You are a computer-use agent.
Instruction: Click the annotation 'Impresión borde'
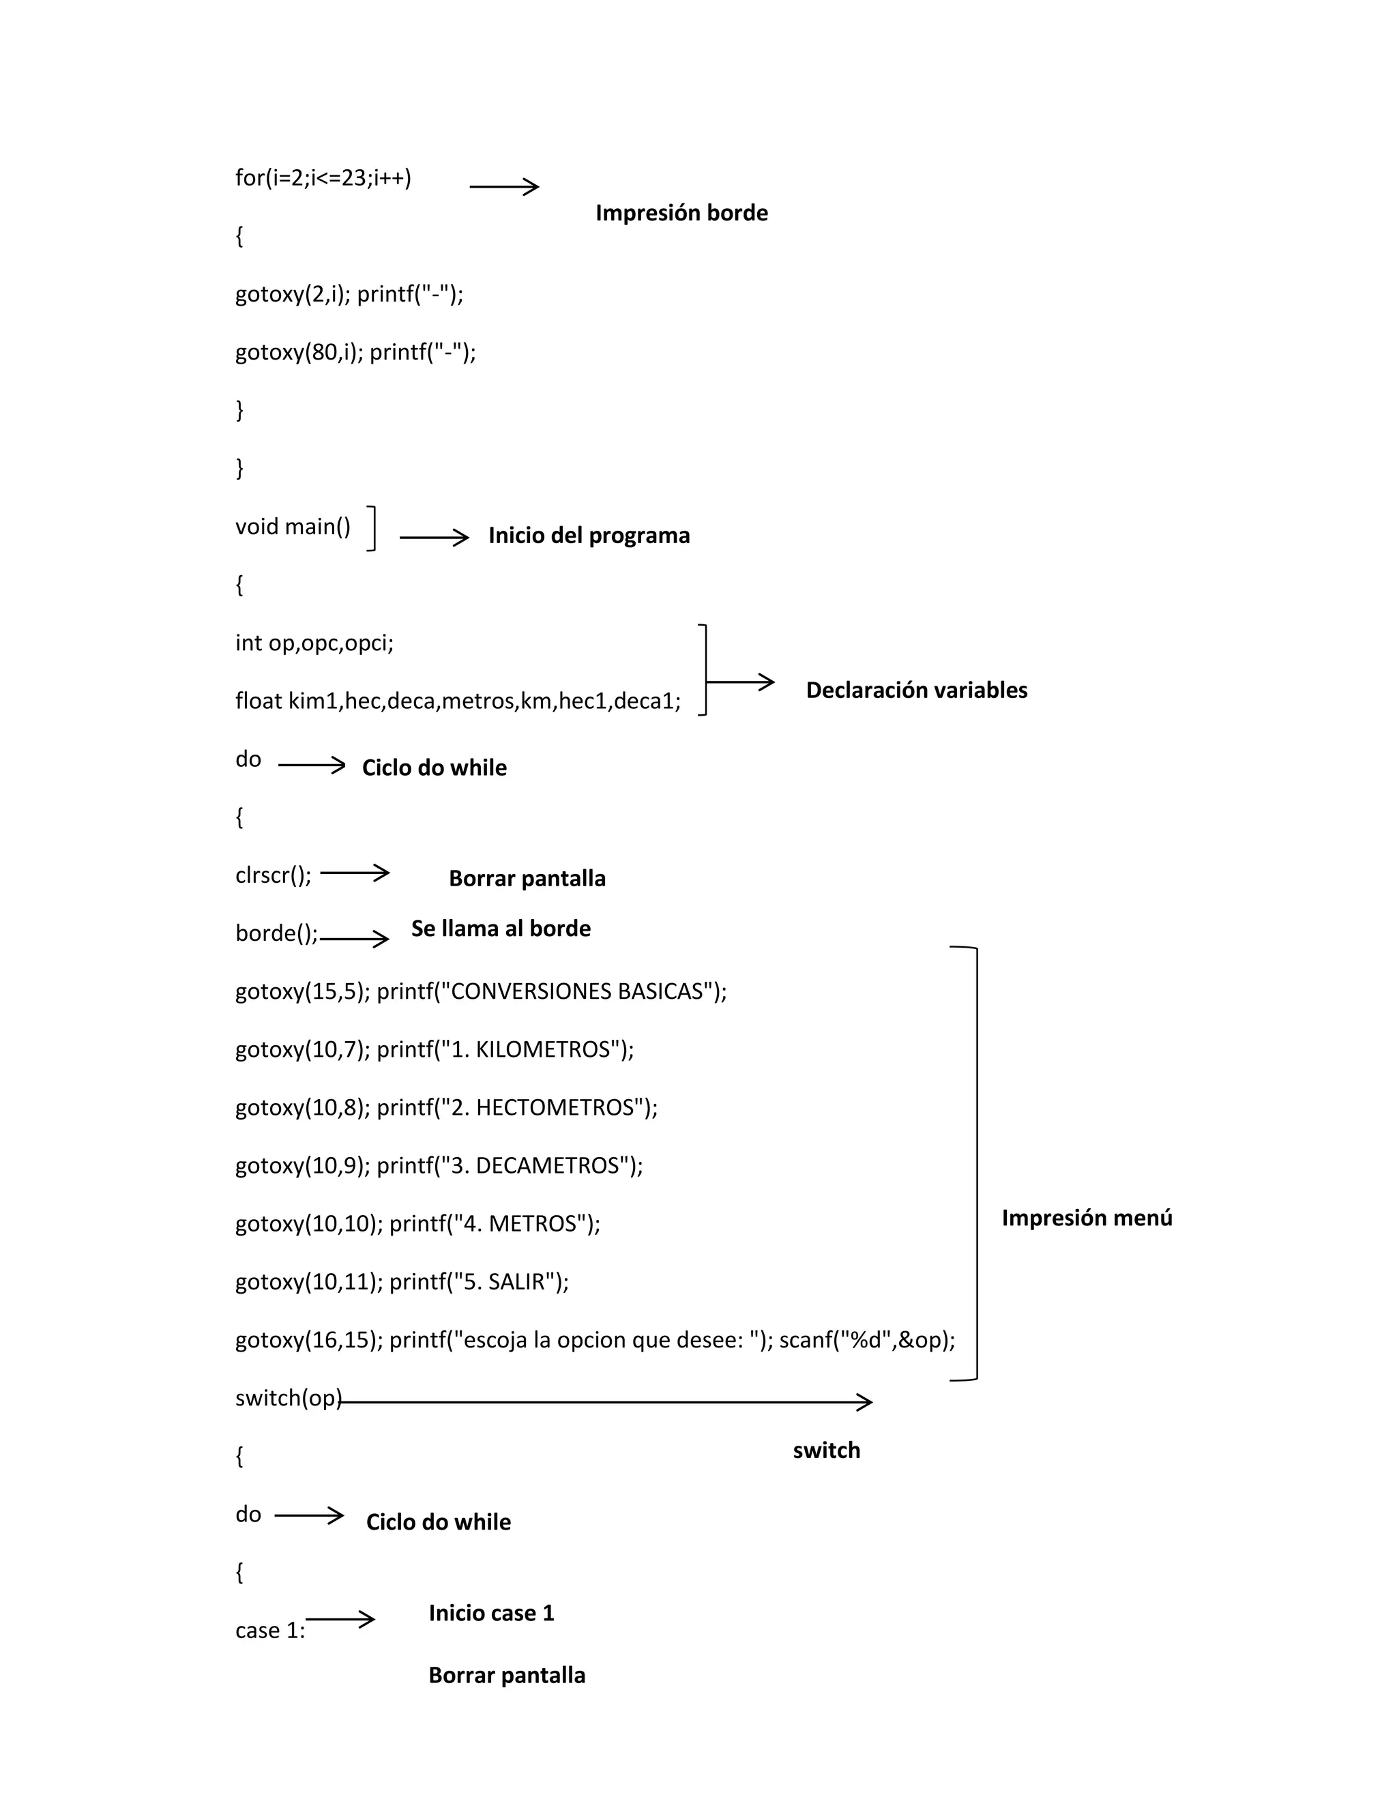[681, 213]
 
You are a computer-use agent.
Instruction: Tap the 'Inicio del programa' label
[589, 536]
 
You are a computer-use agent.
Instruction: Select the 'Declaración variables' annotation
[916, 690]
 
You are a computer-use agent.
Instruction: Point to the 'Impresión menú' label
[1087, 1218]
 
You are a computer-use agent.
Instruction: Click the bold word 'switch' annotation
[826, 1450]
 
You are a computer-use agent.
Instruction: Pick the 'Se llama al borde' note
[501, 929]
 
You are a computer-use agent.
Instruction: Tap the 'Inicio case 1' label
[490, 1613]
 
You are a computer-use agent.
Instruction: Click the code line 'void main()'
[293, 527]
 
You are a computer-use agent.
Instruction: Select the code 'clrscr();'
[273, 875]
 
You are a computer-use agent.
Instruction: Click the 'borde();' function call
[276, 934]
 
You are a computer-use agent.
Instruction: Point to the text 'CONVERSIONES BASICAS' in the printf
[577, 992]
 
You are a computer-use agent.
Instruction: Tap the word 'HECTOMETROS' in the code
[555, 1107]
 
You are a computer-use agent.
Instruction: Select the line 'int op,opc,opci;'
[314, 643]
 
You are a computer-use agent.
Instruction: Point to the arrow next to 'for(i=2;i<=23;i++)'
[504, 187]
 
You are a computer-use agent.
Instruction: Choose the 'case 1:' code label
[270, 1631]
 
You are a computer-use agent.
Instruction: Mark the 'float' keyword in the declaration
[259, 701]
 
